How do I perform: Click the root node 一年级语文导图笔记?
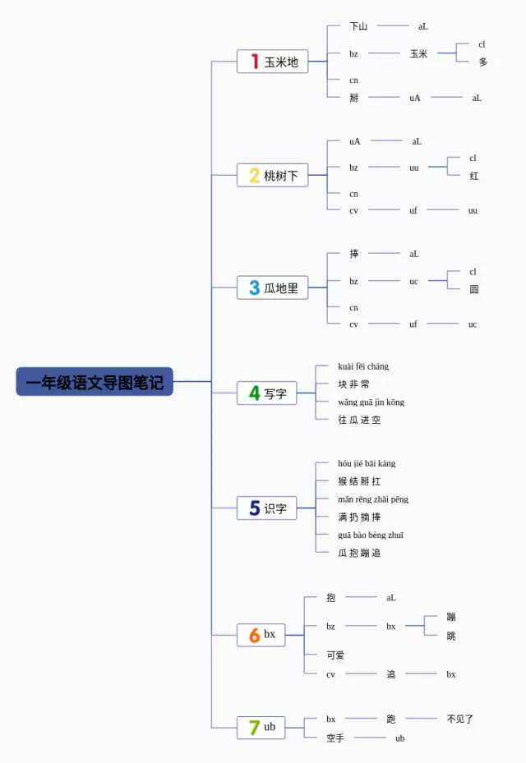95,382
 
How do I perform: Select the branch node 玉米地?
273,62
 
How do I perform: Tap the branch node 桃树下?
273,175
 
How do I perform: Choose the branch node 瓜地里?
273,288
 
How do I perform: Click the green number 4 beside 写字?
254,393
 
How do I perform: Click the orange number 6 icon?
254,635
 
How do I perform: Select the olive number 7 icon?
254,728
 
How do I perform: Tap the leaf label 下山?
358,26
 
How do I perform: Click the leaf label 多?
483,62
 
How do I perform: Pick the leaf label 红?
474,176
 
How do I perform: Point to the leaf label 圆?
474,290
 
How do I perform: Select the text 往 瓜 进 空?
359,421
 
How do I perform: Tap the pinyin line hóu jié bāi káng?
367,464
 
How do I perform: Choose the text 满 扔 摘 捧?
359,517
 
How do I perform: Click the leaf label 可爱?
335,655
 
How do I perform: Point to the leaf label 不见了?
460,719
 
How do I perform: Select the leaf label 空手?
335,738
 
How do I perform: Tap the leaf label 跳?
451,637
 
